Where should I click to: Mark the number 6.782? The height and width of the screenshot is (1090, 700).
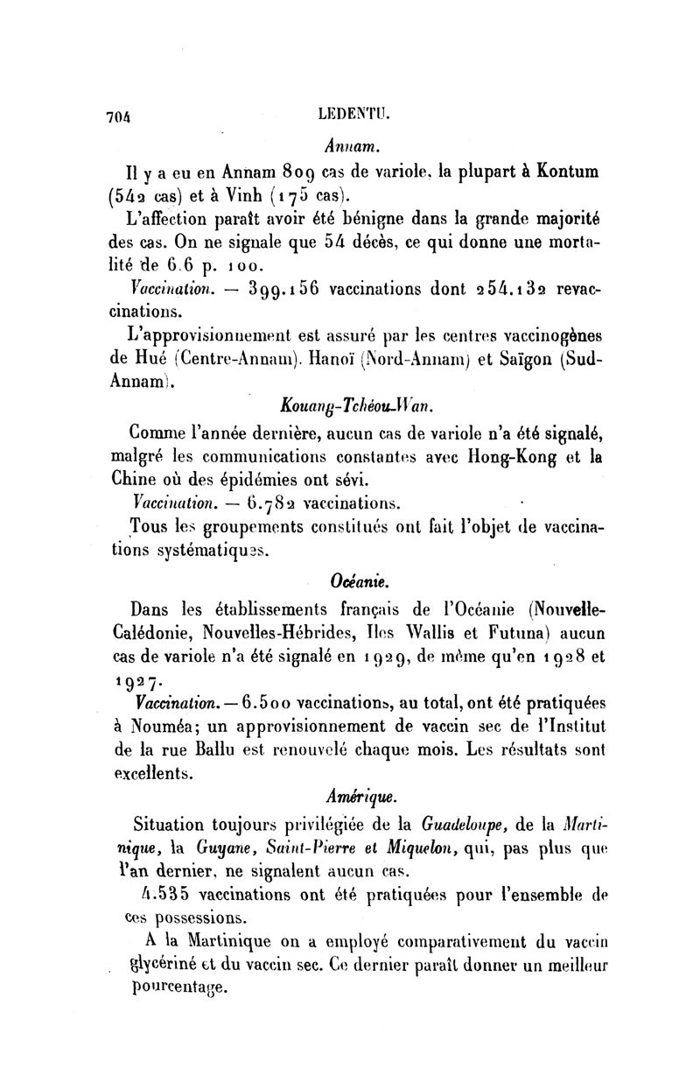coord(275,503)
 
